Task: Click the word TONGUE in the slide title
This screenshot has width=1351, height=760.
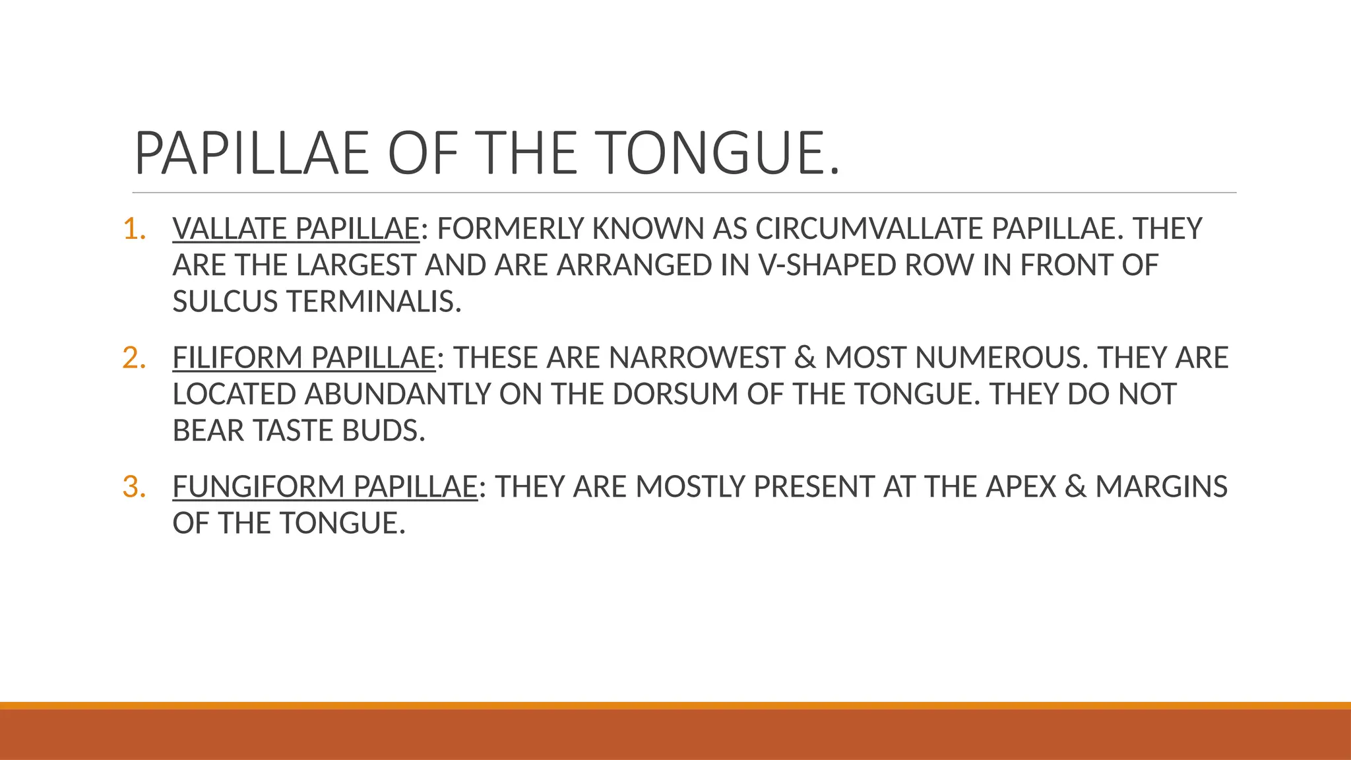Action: pos(719,153)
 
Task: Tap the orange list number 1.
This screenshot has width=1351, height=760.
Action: pos(134,229)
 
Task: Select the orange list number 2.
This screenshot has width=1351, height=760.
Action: pos(134,358)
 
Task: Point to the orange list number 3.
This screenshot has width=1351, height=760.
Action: pos(134,487)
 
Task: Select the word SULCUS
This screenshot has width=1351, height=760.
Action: pos(225,302)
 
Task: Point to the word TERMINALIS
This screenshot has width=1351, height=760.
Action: pos(373,302)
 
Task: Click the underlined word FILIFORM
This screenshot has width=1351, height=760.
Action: pos(237,358)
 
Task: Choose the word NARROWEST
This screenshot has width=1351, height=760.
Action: pos(697,358)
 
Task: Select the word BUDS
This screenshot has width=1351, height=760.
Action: pos(383,431)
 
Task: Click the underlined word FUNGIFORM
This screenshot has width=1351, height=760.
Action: pos(259,487)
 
